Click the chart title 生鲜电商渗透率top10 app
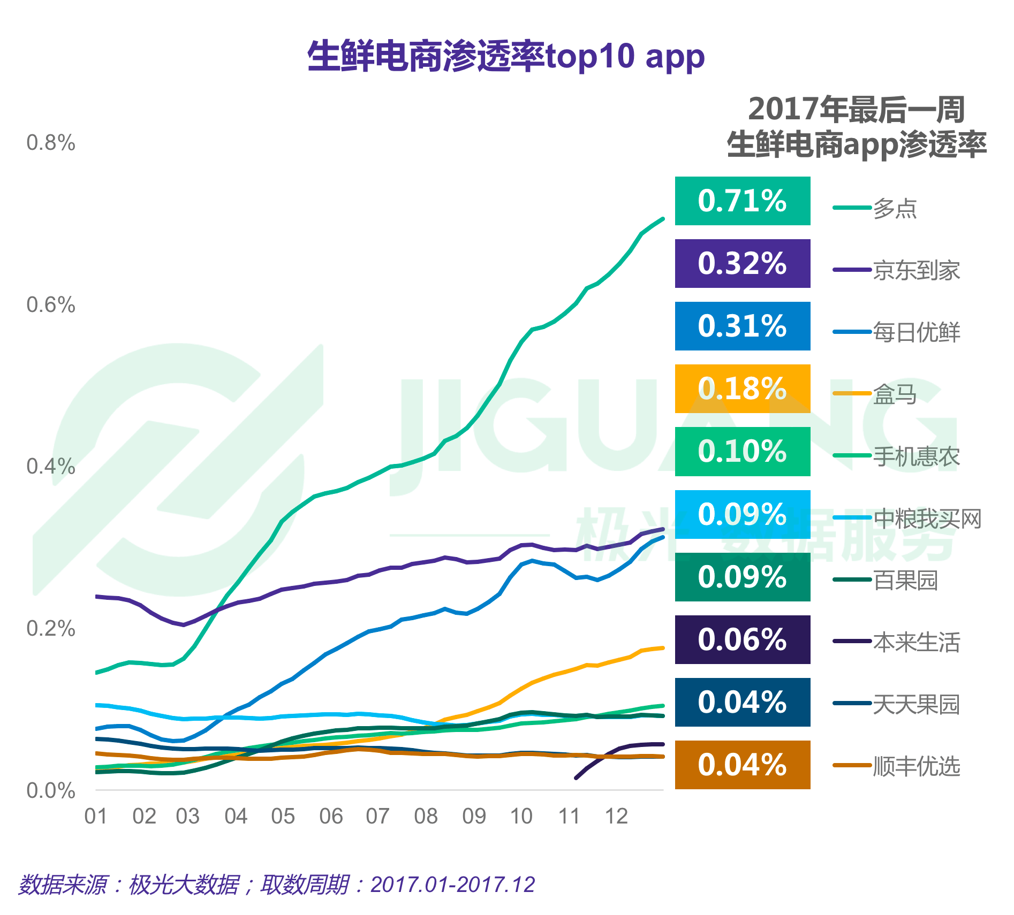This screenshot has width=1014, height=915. tap(506, 56)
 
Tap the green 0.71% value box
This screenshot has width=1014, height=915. tap(742, 201)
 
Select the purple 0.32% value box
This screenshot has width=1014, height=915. tap(742, 263)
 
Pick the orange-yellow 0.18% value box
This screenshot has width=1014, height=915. tap(742, 388)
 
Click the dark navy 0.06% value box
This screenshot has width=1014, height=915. tap(742, 639)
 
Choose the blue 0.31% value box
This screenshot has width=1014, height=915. tap(742, 326)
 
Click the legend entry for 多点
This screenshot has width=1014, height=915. tap(895, 208)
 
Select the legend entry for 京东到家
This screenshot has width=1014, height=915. tap(916, 270)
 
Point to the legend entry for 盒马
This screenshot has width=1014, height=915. tap(895, 394)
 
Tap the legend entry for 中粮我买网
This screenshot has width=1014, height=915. tap(927, 518)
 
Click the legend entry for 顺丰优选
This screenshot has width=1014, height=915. tap(916, 766)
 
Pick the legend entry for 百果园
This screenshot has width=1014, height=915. tap(905, 580)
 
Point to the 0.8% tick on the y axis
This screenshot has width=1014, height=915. tap(51, 143)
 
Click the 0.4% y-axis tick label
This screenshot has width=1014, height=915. tap(51, 467)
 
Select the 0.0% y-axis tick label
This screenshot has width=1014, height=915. tap(51, 790)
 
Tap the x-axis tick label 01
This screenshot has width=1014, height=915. tap(96, 817)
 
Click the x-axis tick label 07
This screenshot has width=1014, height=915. tap(377, 817)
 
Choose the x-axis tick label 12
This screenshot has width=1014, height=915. tap(616, 817)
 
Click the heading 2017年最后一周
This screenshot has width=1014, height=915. tap(856, 109)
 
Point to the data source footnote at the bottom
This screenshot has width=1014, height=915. tap(276, 884)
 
